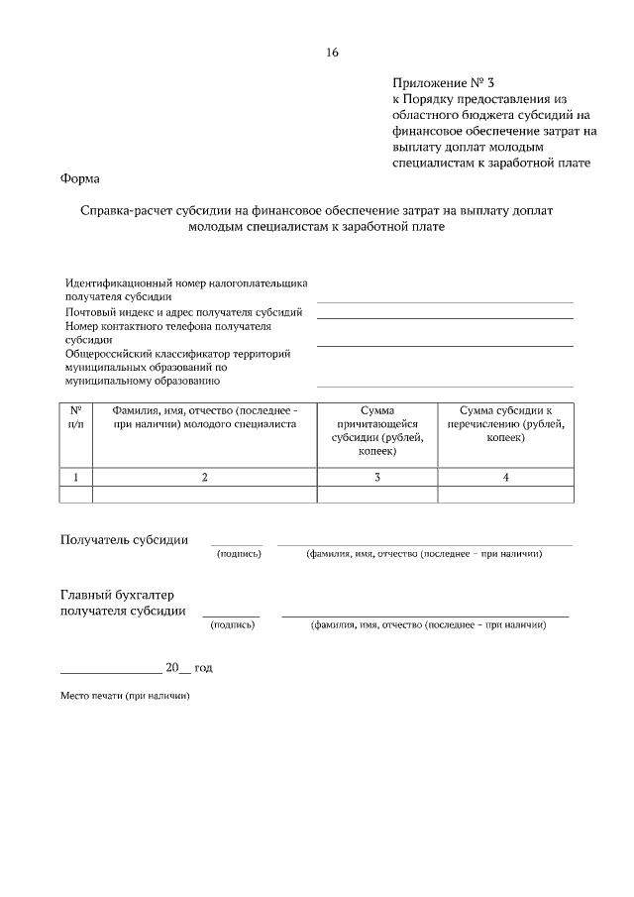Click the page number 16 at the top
tap(332, 53)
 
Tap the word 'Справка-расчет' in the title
tap(127, 211)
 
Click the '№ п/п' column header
tap(76, 416)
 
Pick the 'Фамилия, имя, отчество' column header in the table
tap(204, 416)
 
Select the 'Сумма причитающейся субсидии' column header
tap(377, 430)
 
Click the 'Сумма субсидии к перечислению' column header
tap(505, 423)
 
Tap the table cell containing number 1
tap(76, 477)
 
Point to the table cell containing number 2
tap(204, 477)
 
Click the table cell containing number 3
tap(377, 477)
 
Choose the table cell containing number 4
tap(505, 477)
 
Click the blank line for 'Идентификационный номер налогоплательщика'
tap(445, 300)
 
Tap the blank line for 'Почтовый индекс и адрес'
tap(445, 317)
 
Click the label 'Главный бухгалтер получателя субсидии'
tap(123, 603)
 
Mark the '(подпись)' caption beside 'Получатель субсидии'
tap(239, 553)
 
